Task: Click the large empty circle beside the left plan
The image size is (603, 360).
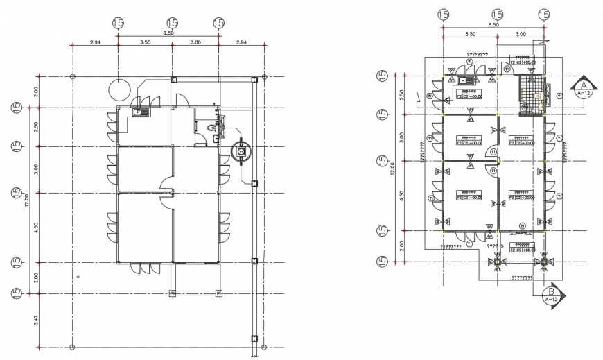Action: pos(119,89)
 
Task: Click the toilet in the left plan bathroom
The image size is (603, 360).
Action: pos(211,128)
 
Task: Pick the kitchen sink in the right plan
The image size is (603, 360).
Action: pos(462,80)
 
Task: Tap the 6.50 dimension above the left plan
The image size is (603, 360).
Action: pos(168,33)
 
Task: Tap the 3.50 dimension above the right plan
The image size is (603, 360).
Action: pos(469,33)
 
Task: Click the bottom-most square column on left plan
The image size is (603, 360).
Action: pos(254,339)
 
